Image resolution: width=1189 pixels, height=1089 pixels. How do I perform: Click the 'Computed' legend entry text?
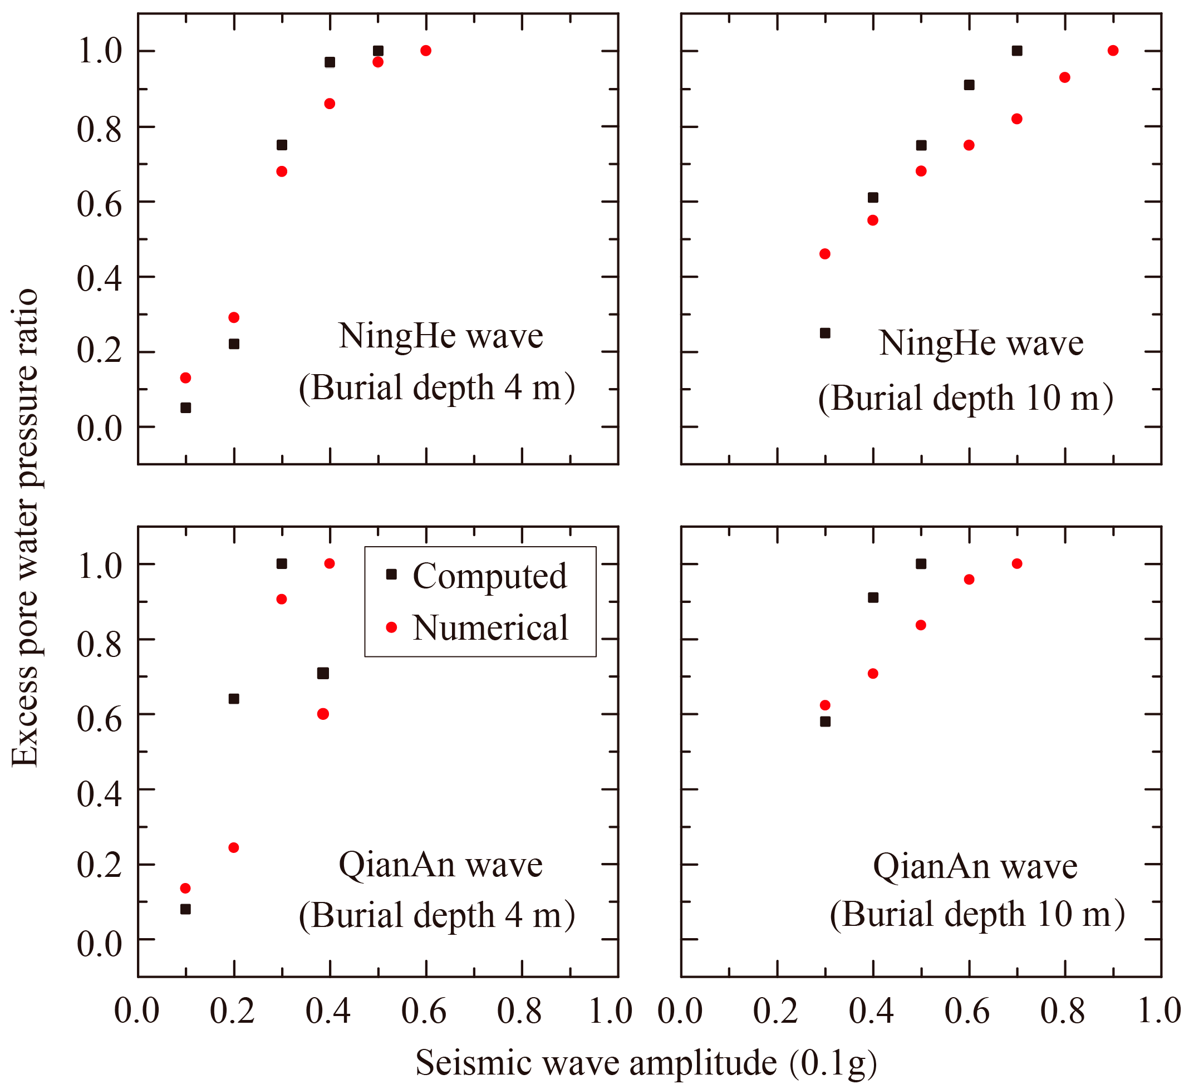(x=489, y=576)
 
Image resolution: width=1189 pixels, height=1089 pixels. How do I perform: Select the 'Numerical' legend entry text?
(x=490, y=627)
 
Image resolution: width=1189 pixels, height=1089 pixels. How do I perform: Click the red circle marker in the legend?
(x=391, y=627)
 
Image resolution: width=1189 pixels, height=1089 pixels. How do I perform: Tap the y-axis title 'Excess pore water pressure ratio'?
(x=24, y=528)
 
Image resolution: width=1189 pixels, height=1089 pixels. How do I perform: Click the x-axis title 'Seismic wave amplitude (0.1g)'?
(x=646, y=1062)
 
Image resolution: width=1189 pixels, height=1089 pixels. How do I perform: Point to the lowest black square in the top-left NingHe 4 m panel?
(x=186, y=408)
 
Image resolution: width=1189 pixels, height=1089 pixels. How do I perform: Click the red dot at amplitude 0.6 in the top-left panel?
(x=426, y=51)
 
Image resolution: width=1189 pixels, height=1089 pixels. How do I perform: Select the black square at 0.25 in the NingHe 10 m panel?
(x=825, y=333)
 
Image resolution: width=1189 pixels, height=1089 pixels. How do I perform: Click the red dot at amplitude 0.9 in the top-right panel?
(x=1113, y=51)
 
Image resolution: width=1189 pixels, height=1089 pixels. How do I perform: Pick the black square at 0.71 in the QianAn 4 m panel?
(x=323, y=674)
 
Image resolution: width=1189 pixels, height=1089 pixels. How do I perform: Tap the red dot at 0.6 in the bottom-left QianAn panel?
(x=323, y=714)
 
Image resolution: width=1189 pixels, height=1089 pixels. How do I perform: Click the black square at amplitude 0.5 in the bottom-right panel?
(x=921, y=564)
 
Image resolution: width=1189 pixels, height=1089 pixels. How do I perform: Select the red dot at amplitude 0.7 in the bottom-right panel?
(x=1017, y=564)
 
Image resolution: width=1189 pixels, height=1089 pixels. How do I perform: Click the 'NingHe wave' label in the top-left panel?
(x=440, y=336)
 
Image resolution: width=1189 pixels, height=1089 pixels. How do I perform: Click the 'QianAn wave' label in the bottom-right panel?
(x=975, y=867)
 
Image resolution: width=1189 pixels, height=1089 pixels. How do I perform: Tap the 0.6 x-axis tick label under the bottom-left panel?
(x=424, y=1011)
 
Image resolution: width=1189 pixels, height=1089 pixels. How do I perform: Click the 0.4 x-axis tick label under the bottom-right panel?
(x=871, y=1011)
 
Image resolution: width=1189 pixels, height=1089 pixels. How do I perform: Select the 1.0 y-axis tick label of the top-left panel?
(x=100, y=52)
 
